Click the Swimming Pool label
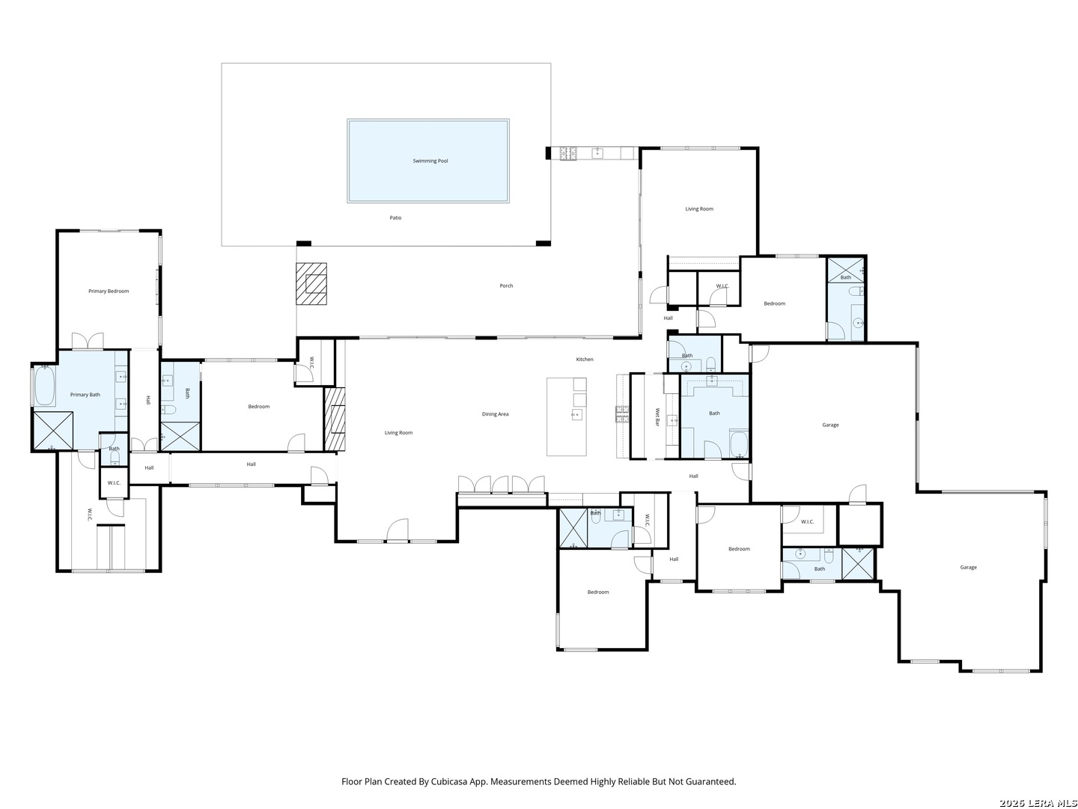coord(430,161)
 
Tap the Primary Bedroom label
coord(109,291)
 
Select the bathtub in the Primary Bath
coord(45,385)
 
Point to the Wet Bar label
coord(657,417)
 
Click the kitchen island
coord(566,416)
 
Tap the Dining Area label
coord(495,414)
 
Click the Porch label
coord(506,286)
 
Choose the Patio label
coord(395,218)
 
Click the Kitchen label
coord(585,360)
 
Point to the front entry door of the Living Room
coord(397,531)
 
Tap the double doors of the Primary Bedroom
coord(88,342)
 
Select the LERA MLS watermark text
coord(1038,803)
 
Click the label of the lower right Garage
coord(968,568)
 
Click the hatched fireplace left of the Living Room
coord(335,419)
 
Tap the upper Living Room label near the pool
coord(699,209)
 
